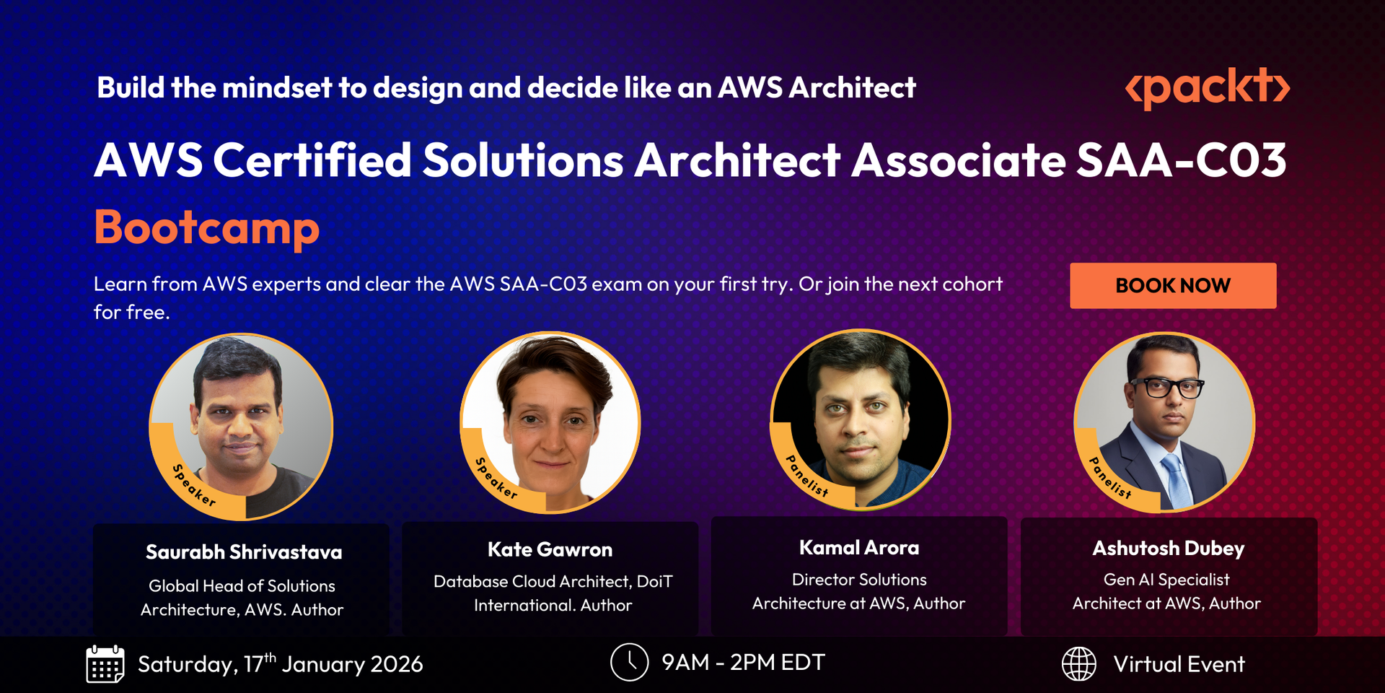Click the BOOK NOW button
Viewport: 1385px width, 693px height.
click(x=1173, y=286)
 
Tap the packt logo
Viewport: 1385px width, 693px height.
click(x=1208, y=88)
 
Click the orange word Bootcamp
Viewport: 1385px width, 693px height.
click(x=207, y=228)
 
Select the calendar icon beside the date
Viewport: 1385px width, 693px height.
click(x=105, y=664)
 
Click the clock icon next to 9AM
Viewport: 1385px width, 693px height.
click(x=629, y=662)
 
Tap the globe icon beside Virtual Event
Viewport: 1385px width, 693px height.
click(x=1079, y=663)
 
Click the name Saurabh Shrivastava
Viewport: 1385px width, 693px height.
click(x=244, y=552)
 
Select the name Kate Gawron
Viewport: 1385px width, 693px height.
click(x=550, y=549)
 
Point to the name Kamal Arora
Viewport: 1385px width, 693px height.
click(x=859, y=548)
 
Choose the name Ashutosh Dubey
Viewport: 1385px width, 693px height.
click(x=1169, y=549)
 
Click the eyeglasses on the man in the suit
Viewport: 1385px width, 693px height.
click(x=1166, y=388)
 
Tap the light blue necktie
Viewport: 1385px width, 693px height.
click(x=1177, y=480)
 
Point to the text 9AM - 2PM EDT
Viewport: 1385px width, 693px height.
click(x=743, y=662)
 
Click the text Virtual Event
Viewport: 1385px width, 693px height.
click(x=1179, y=664)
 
